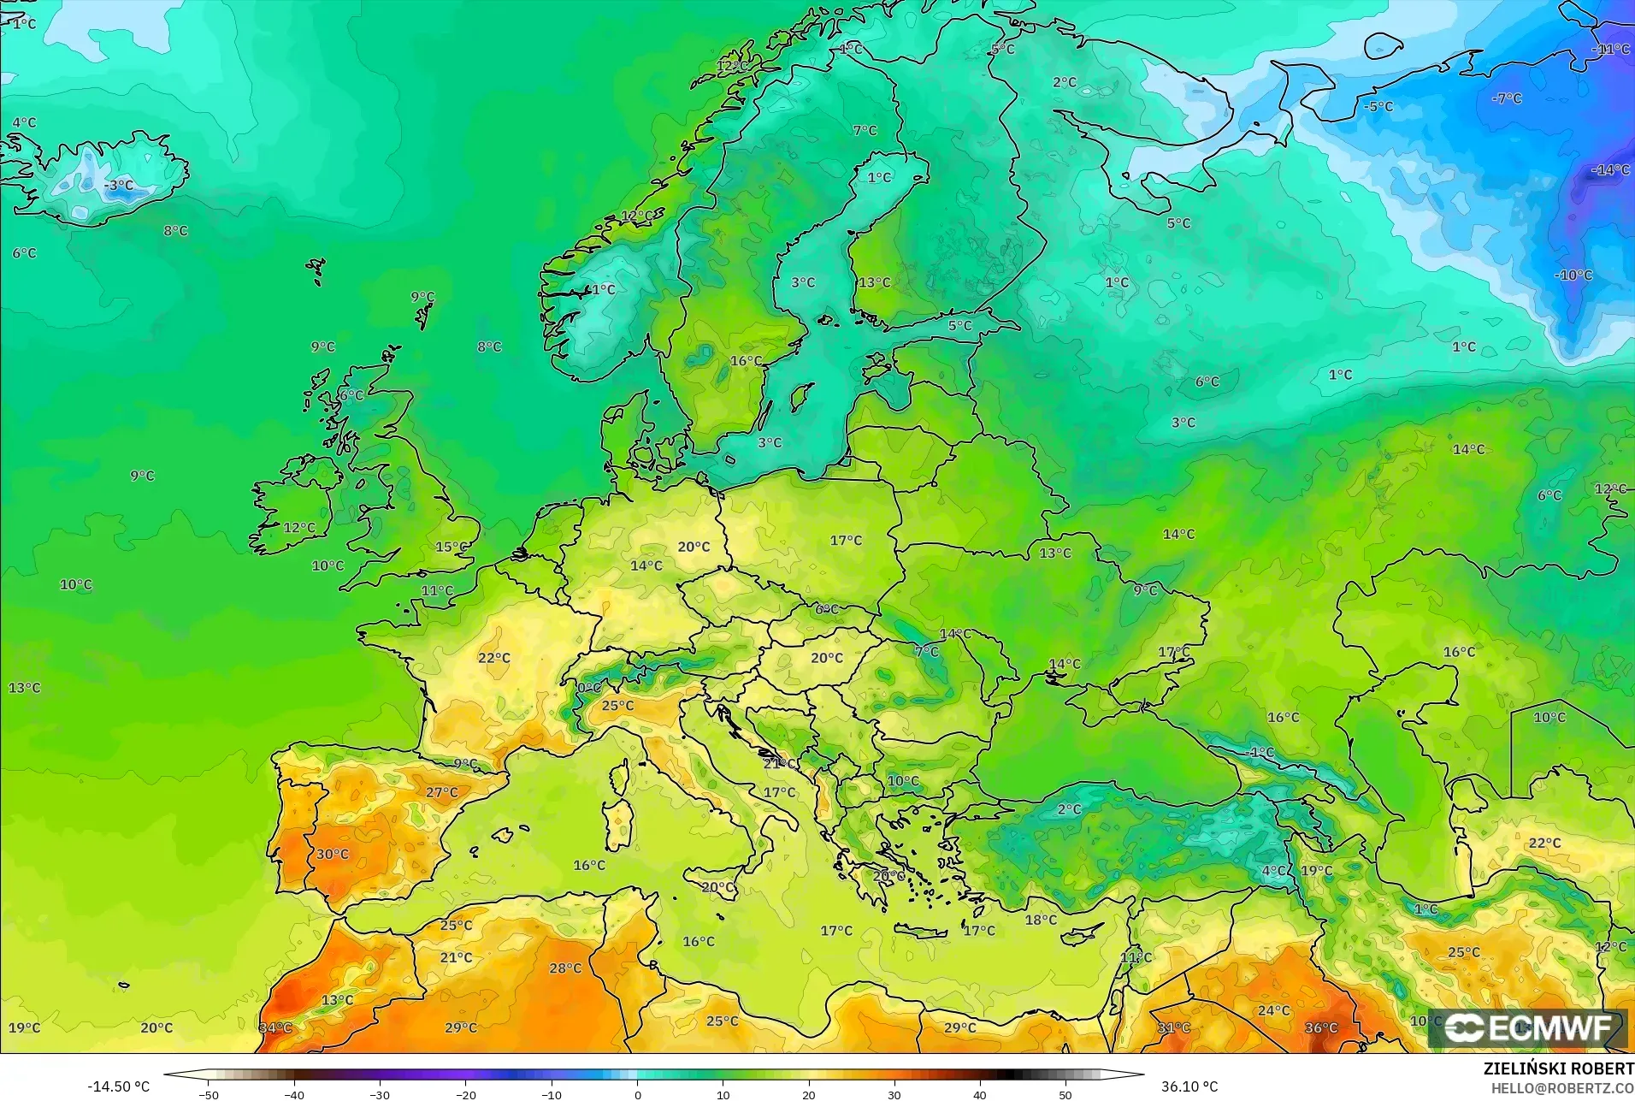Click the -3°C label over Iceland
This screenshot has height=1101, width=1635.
[x=119, y=185]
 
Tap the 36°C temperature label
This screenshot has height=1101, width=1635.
[x=1321, y=1027]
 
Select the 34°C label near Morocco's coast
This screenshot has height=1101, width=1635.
[x=275, y=1027]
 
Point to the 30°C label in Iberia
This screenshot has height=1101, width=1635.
[x=333, y=854]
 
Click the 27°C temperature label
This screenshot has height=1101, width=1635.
[x=442, y=792]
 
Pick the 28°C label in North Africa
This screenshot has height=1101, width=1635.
[x=565, y=968]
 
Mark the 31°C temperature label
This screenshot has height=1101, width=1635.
[x=1174, y=1027]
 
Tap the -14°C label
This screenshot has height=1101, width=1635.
[x=1610, y=170]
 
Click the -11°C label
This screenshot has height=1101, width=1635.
[x=1610, y=50]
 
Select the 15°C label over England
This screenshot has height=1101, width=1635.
[x=452, y=547]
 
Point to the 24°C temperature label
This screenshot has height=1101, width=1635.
[x=1273, y=1010]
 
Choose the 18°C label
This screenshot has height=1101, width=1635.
[x=1041, y=920]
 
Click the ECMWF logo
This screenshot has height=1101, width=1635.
[x=1528, y=1027]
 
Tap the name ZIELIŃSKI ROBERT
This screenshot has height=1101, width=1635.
[x=1558, y=1069]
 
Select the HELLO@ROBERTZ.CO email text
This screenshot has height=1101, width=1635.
[x=1562, y=1088]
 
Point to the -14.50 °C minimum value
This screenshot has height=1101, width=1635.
[x=118, y=1086]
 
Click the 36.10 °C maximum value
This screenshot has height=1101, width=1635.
[x=1189, y=1086]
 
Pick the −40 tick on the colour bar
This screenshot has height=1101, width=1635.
[x=293, y=1094]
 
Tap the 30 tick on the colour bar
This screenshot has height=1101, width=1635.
[x=894, y=1094]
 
